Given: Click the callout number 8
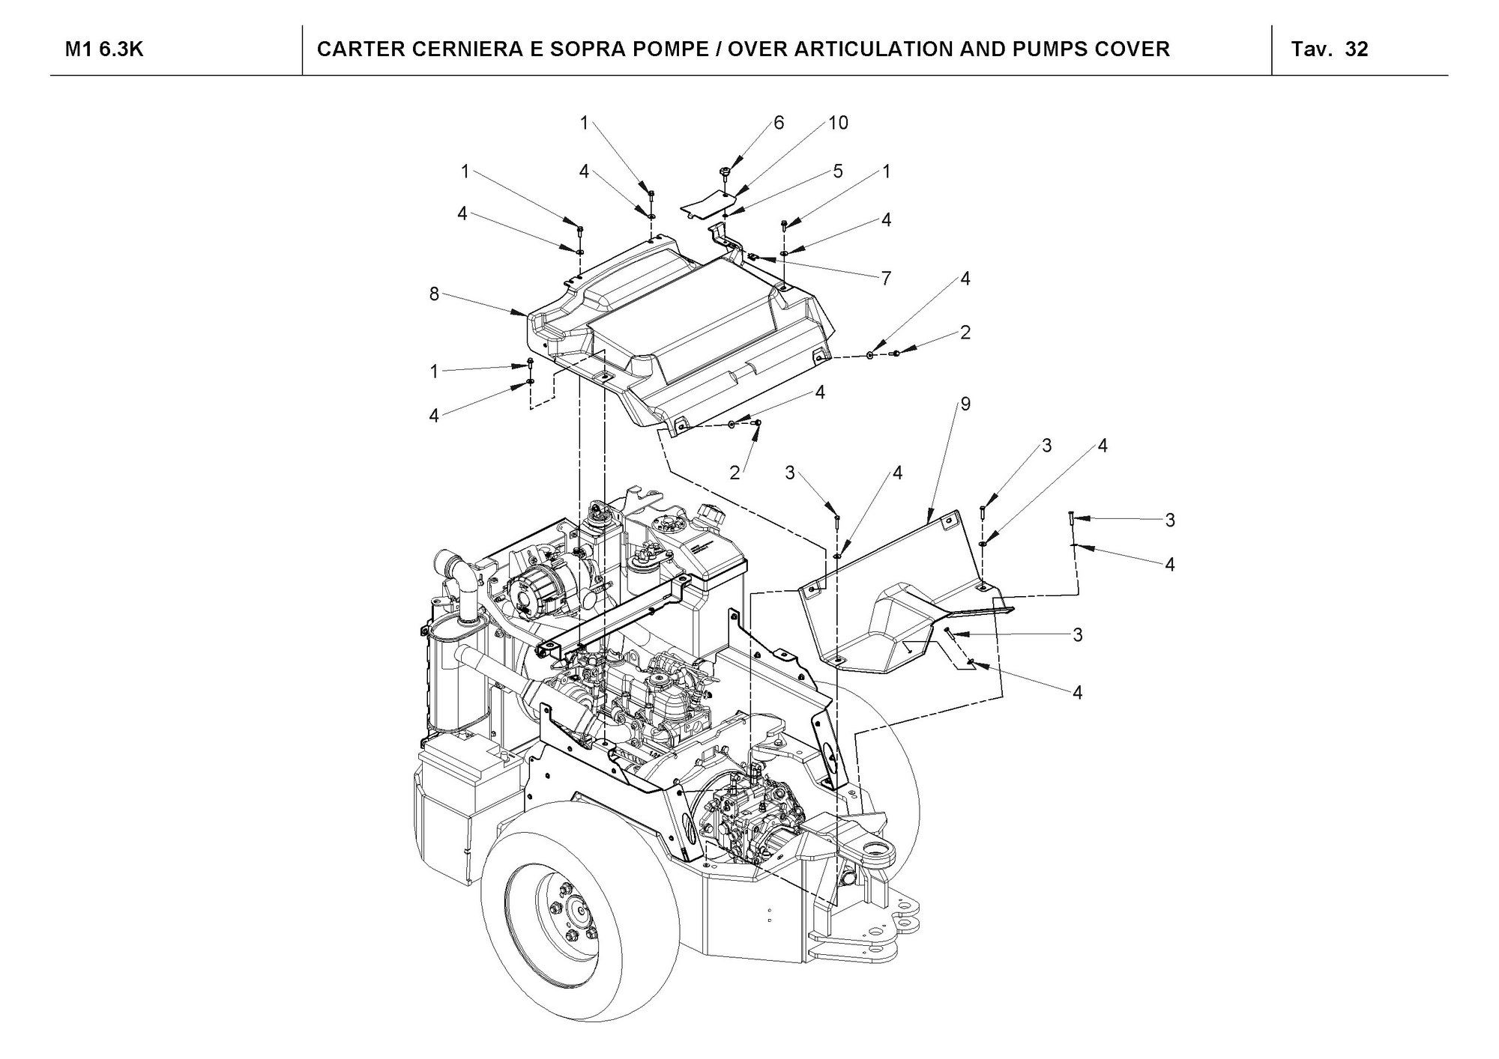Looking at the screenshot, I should tap(434, 294).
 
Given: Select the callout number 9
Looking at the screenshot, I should tap(965, 404).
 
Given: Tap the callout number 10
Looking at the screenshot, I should tap(838, 123).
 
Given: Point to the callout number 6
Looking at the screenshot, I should tap(779, 123).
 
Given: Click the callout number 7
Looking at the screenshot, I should tap(886, 279).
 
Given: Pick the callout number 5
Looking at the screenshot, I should tap(838, 172).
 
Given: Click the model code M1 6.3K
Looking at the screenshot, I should tap(104, 49).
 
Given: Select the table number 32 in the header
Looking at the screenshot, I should tap(1357, 49).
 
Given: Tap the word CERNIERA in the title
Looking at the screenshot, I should tap(459, 49).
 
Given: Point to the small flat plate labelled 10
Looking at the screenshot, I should tap(706, 202).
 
